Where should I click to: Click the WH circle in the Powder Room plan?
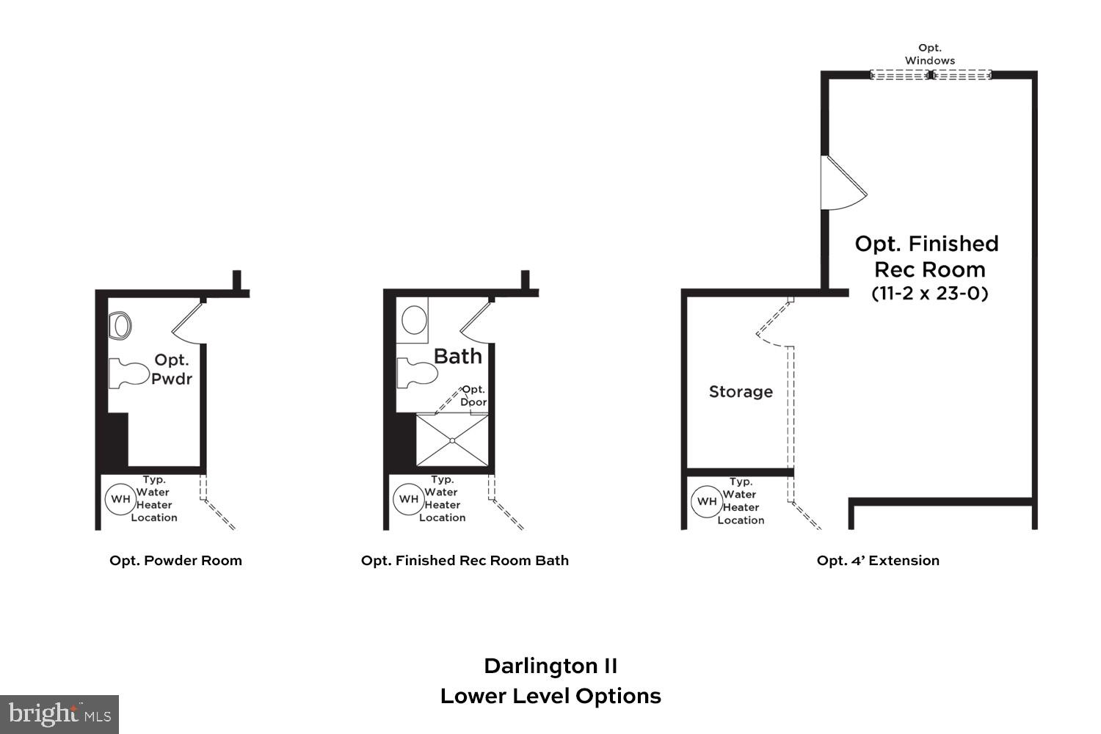pos(120,499)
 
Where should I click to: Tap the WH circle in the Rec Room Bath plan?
pos(409,499)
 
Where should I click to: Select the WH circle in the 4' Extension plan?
pos(706,502)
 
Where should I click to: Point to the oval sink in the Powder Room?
pos(120,325)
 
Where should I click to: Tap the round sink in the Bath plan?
pos(414,321)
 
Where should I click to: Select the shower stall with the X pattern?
pos(452,440)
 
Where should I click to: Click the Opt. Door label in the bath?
pos(473,396)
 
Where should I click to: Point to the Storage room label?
pos(741,392)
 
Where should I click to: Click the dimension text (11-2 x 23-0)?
pos(929,294)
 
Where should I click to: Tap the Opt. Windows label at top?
pos(929,54)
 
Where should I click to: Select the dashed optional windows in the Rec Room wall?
pos(930,75)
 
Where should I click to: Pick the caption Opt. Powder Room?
pos(175,561)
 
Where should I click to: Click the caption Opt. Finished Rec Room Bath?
pos(465,561)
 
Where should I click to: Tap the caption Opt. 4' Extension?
pos(878,561)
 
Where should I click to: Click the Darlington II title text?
pos(550,666)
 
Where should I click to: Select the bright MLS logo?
pos(59,713)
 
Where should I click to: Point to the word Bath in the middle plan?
pos(458,357)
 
